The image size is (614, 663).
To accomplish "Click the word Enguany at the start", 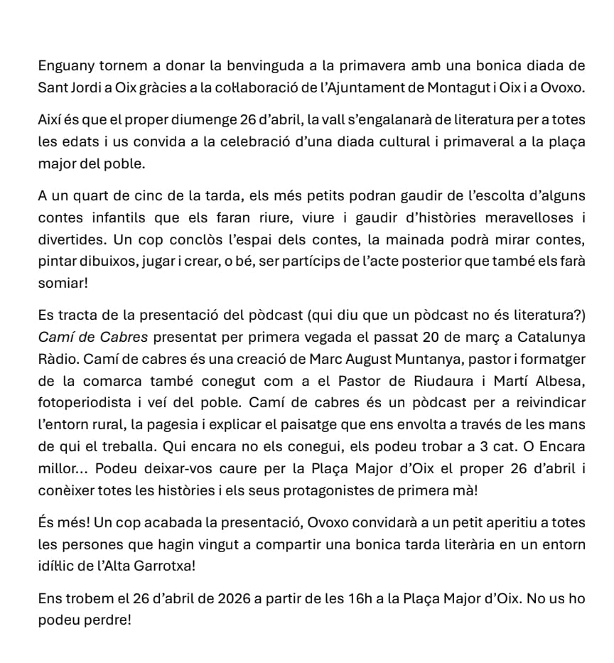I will [x=66, y=66].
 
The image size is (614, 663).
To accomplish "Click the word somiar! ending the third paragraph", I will [x=63, y=282].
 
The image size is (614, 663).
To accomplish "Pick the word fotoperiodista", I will [x=86, y=403].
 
